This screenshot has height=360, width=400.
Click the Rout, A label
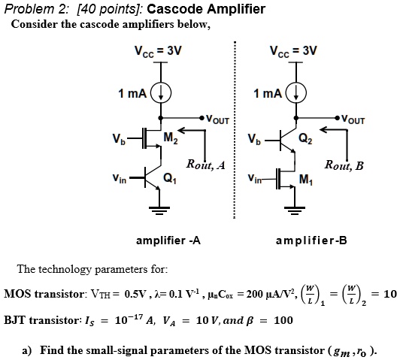211,165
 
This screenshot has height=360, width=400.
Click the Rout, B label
344,165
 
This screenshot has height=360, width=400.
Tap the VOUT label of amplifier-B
355,119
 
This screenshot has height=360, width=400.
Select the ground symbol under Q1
158,212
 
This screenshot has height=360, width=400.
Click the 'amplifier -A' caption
168,241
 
